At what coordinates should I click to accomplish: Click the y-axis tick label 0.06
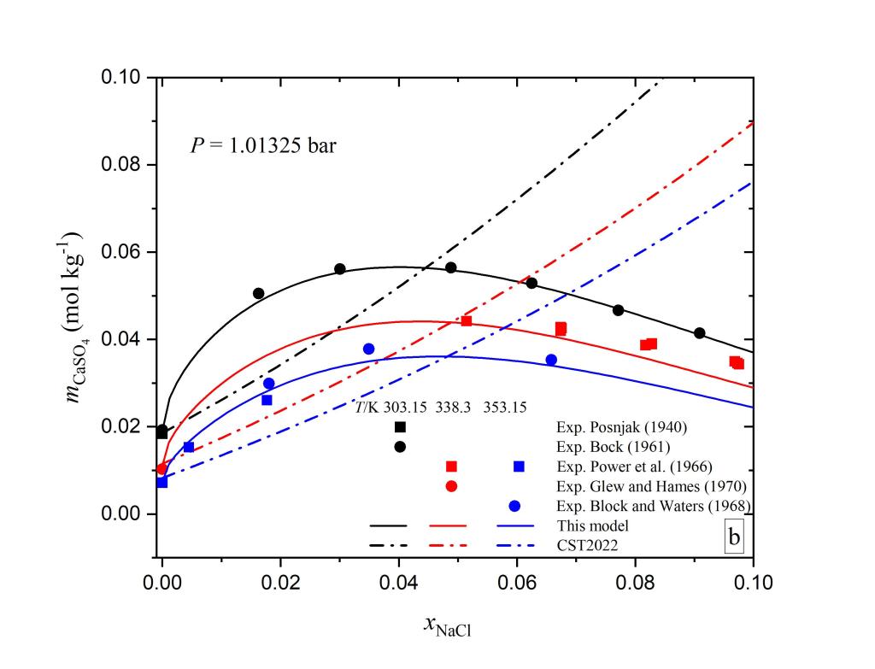point(124,253)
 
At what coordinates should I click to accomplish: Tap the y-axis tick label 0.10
point(124,78)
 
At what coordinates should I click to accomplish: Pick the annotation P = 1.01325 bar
point(262,145)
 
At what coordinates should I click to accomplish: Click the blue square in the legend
point(519,467)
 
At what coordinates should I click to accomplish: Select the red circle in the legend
point(452,485)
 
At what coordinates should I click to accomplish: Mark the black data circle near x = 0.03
point(340,268)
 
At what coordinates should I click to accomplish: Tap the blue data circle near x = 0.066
point(551,360)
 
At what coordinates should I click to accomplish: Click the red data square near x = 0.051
point(467,320)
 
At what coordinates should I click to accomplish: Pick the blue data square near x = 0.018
point(267,400)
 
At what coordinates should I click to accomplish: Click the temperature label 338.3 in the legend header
point(455,408)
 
